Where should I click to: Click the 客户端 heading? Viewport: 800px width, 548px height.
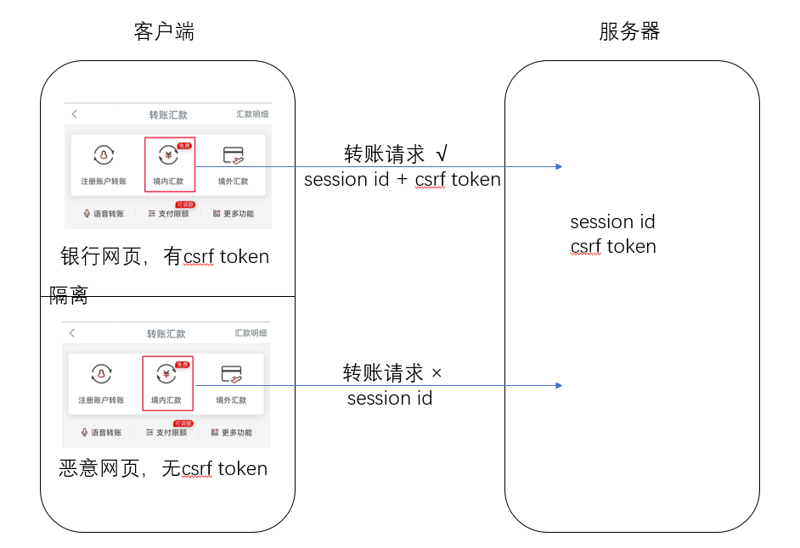pyautogui.click(x=164, y=32)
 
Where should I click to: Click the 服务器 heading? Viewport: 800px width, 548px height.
pyautogui.click(x=629, y=32)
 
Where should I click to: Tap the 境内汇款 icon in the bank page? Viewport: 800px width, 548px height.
pyautogui.click(x=169, y=157)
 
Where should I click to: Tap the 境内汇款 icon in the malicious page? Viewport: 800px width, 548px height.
pyautogui.click(x=167, y=375)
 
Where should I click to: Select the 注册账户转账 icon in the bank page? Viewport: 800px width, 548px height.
pyautogui.click(x=104, y=157)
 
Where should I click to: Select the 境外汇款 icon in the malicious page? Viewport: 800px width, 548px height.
pyautogui.click(x=231, y=375)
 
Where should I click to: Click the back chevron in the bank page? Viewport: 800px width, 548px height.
pyautogui.click(x=74, y=115)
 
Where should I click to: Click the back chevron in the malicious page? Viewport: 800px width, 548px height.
pyautogui.click(x=72, y=333)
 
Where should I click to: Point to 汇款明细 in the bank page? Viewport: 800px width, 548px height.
pyautogui.click(x=252, y=115)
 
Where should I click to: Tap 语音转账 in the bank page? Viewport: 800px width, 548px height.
pyautogui.click(x=104, y=214)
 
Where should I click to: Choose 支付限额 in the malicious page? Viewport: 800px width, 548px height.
pyautogui.click(x=166, y=433)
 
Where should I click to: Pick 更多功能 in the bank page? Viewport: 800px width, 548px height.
pyautogui.click(x=234, y=214)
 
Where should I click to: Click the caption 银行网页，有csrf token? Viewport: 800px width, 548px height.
pyautogui.click(x=165, y=256)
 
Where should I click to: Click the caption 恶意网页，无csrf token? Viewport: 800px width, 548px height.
pyautogui.click(x=163, y=468)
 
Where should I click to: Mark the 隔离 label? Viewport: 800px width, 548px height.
pyautogui.click(x=69, y=296)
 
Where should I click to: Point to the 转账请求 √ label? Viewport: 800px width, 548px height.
pyautogui.click(x=396, y=154)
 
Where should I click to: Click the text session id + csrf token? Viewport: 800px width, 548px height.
pyautogui.click(x=402, y=180)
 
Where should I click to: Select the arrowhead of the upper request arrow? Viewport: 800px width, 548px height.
pyautogui.click(x=558, y=166)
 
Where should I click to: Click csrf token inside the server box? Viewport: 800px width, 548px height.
pyautogui.click(x=613, y=247)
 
